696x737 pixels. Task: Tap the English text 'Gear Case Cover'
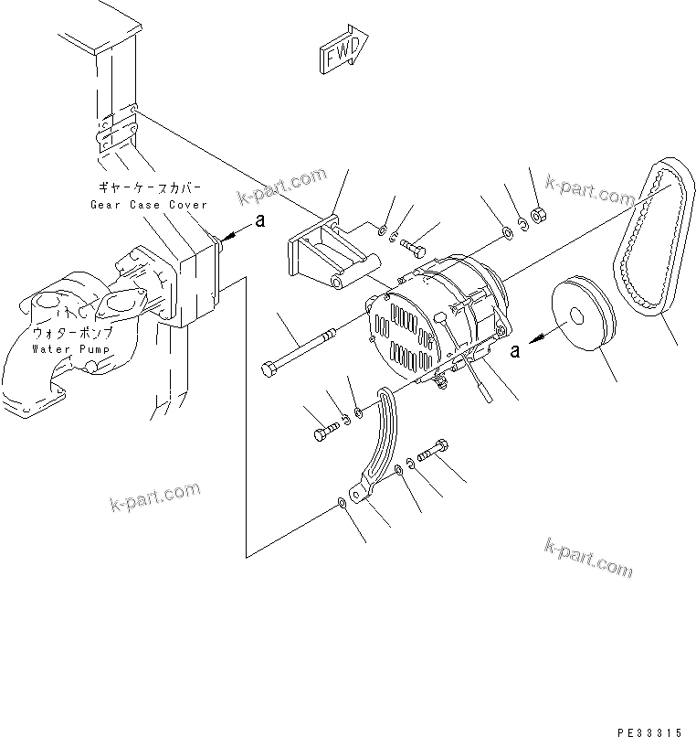148,205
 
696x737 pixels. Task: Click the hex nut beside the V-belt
539,214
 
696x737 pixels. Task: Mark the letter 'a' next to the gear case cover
259,219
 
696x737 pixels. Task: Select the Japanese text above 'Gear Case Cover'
148,188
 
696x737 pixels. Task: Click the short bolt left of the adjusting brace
324,429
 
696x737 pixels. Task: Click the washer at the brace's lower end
342,502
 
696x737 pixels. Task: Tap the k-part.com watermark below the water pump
155,497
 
